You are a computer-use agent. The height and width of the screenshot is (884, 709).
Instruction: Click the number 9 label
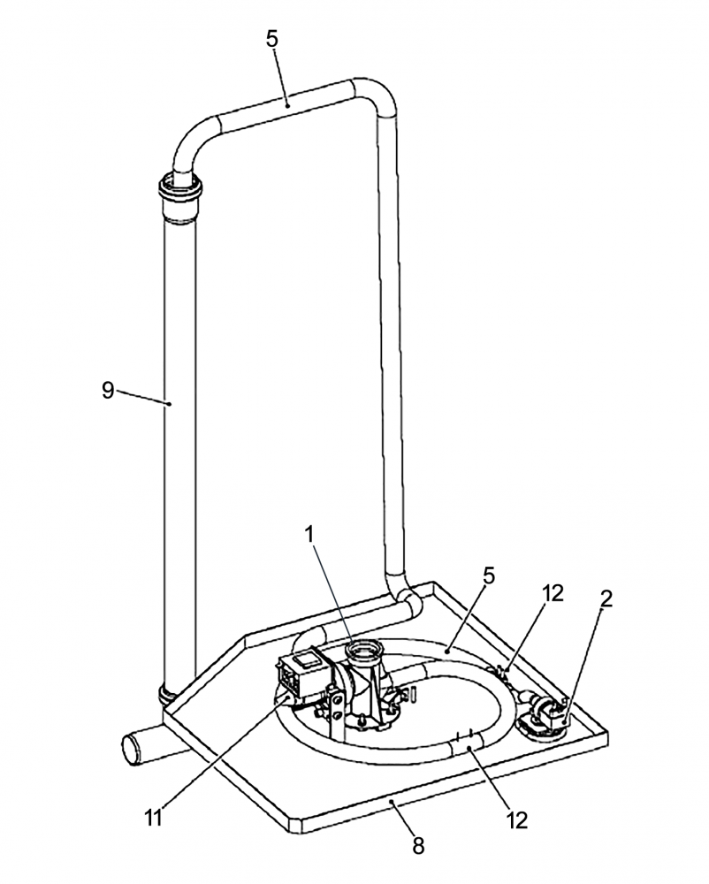pos(108,390)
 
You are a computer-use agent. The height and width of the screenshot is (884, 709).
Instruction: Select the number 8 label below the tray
pos(417,845)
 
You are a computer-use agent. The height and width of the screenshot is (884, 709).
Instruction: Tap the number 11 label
pos(153,818)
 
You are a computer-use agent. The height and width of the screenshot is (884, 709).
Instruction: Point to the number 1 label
pos(309,535)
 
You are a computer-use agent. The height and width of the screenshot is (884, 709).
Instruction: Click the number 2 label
pos(606,598)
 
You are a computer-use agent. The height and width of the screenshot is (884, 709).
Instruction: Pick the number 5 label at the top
pos(271,39)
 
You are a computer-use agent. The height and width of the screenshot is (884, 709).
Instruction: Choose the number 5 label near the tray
pos(489,576)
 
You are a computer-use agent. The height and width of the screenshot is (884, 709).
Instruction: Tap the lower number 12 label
pos(517,820)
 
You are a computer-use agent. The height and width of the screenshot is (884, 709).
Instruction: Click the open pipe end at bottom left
pos(130,750)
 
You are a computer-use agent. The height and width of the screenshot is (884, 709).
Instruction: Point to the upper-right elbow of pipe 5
pos(376,95)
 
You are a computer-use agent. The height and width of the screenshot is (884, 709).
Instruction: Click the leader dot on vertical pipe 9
pos(169,403)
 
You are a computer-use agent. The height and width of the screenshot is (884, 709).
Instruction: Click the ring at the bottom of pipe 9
pos(169,695)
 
